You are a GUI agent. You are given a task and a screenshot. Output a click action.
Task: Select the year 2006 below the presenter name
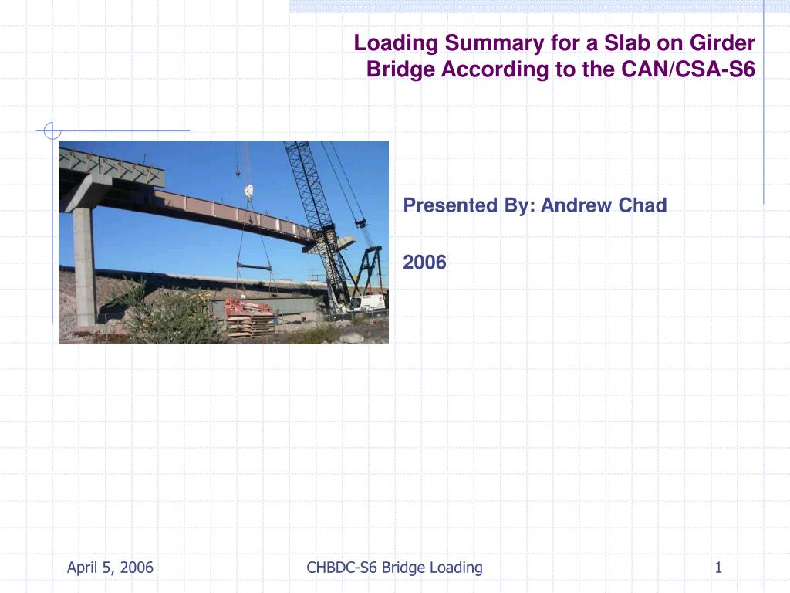[x=424, y=263]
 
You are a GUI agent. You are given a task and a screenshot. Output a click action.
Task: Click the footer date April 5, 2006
[x=110, y=568]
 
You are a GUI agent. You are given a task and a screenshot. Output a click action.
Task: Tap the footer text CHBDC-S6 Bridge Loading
[x=394, y=568]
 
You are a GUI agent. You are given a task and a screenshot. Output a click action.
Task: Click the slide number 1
[x=718, y=568]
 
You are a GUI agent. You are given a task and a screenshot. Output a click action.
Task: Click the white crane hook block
[x=248, y=191]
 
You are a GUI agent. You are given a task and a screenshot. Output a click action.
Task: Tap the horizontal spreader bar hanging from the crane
[x=255, y=266]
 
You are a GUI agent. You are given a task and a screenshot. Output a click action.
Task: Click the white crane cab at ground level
[x=369, y=302]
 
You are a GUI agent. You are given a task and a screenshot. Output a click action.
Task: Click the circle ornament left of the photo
[x=52, y=131]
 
